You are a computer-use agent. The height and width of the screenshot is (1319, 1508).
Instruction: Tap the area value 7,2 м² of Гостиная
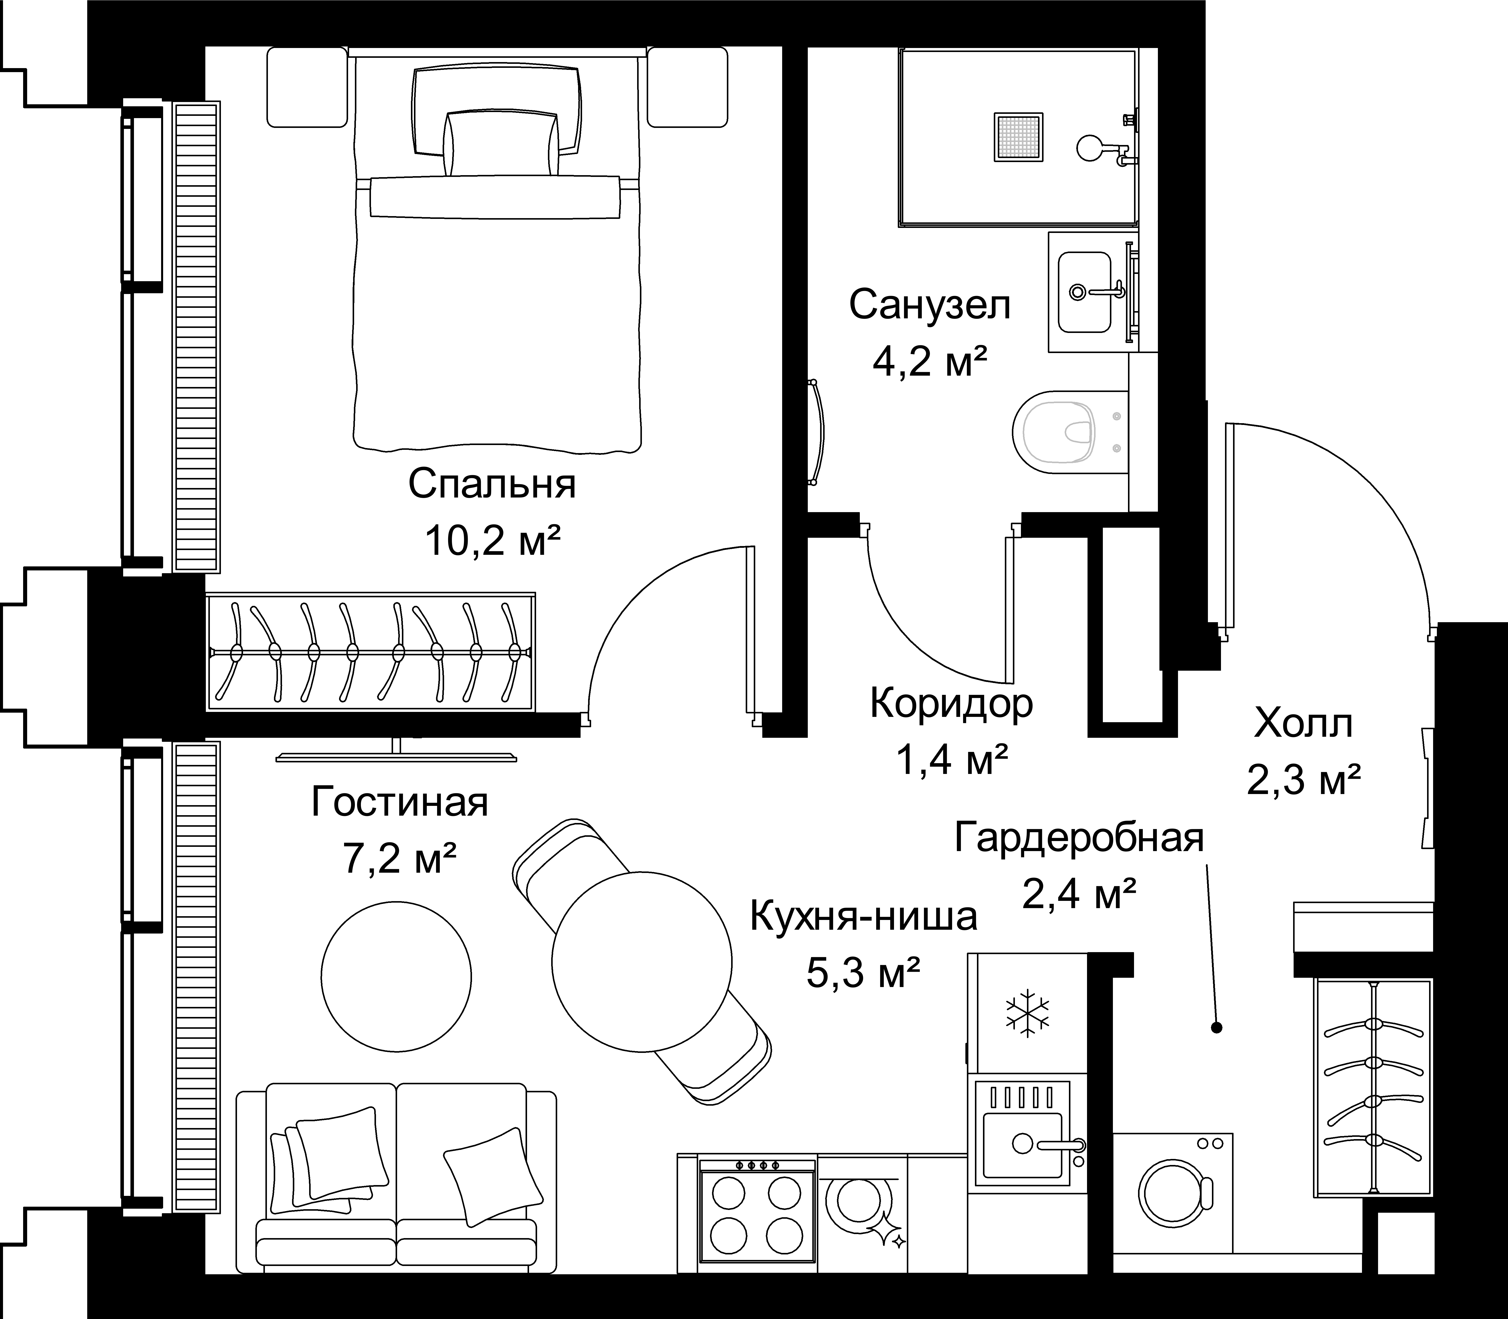pyautogui.click(x=400, y=858)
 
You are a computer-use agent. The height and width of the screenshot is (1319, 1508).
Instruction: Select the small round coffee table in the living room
pyautogui.click(x=396, y=976)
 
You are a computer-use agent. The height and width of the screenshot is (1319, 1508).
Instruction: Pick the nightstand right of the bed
pyautogui.click(x=688, y=87)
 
